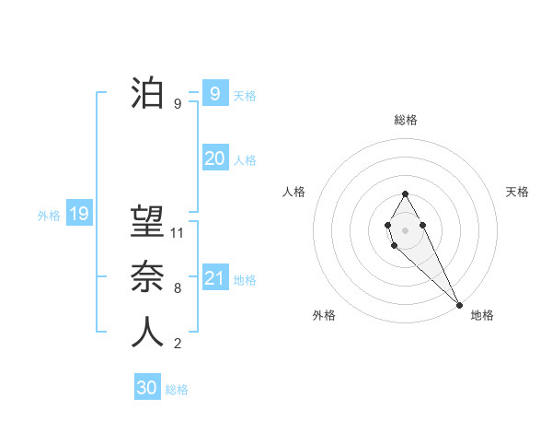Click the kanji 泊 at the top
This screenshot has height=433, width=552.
pos(147,94)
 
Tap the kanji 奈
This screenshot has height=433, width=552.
pos(147,277)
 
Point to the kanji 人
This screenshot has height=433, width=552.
pos(147,332)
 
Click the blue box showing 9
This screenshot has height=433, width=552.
pos(214,94)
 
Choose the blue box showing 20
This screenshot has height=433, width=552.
pos(214,158)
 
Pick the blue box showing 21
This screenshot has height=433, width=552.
pos(214,278)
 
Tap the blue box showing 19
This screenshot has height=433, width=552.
pos(78,215)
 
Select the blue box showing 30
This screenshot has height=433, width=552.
pos(147,388)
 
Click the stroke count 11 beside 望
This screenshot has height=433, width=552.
pos(178,233)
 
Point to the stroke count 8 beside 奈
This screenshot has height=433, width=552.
pos(178,287)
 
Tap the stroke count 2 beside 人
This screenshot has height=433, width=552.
pos(178,344)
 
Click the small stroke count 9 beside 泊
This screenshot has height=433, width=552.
pos(178,104)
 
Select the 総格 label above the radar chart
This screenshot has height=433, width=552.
pos(405,120)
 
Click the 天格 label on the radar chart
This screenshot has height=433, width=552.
pos(517,192)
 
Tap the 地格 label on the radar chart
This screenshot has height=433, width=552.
pos(482,315)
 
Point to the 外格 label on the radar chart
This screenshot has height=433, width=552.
pos(324,315)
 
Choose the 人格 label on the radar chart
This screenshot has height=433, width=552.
pos(293,192)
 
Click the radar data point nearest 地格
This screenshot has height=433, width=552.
pos(458,305)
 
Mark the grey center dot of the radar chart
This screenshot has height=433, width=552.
pos(405,228)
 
